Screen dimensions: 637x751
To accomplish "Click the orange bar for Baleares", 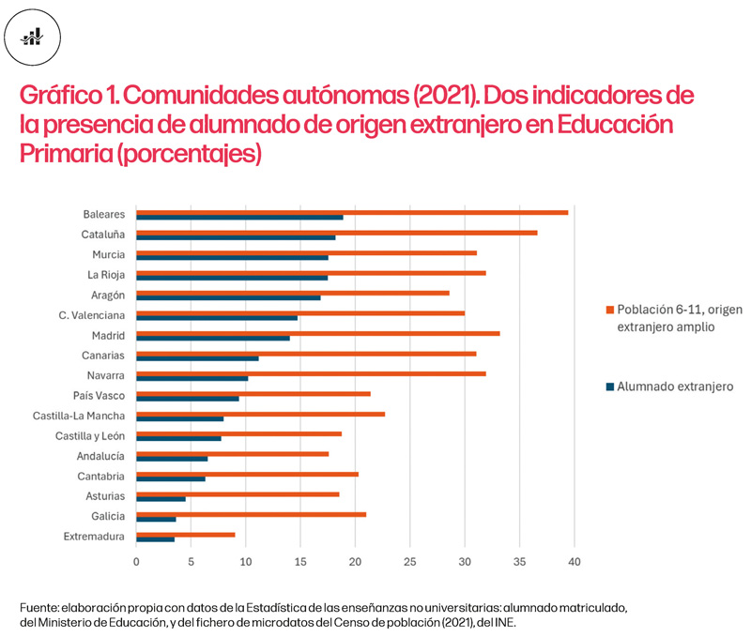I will click(352, 212).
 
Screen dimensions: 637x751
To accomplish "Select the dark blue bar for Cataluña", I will click(236, 237).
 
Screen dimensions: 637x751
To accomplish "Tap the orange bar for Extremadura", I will click(186, 534).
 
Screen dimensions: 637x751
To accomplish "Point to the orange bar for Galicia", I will click(252, 513).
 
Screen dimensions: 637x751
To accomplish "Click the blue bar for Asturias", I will click(161, 499).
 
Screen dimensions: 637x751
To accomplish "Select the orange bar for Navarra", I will click(311, 373).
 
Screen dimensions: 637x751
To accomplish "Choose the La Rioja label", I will click(107, 275).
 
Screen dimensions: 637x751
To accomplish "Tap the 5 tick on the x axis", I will click(192, 561).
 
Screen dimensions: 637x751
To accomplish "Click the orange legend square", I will click(609, 309).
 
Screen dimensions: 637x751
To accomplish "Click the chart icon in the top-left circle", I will click(33, 37).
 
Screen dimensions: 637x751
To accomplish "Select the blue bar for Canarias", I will click(197, 358).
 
